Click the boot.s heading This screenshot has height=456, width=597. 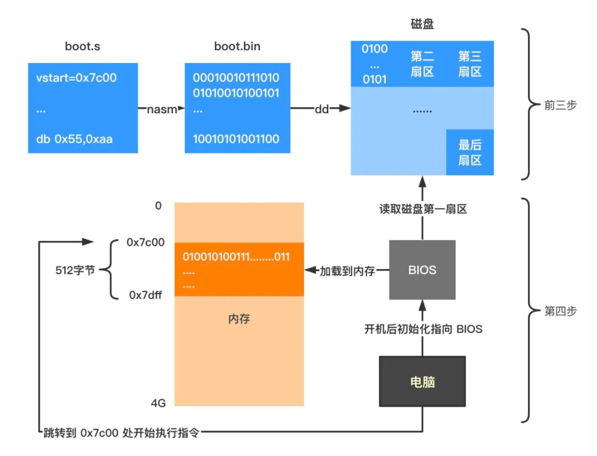[82, 47]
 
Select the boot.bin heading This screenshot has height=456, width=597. [237, 47]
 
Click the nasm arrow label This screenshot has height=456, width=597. [161, 109]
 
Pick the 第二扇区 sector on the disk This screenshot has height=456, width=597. [422, 64]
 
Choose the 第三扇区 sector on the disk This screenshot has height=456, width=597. [470, 64]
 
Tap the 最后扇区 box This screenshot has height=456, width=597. [470, 153]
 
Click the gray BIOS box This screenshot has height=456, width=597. [422, 270]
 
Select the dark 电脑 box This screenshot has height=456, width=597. [422, 381]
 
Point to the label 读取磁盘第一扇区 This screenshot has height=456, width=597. [423, 209]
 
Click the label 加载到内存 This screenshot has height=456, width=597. [347, 271]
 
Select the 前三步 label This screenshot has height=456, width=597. [560, 105]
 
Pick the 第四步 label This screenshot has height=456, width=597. [560, 311]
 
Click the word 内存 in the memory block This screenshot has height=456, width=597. [239, 319]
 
